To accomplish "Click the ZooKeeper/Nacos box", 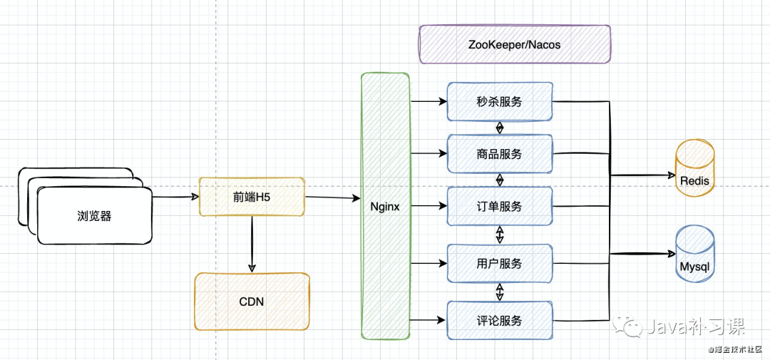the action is [515, 45].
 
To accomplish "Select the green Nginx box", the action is [385, 206].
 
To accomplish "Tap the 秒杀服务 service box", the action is [500, 102].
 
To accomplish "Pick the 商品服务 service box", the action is [500, 154].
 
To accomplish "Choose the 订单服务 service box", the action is [500, 206].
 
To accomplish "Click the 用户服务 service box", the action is [500, 263].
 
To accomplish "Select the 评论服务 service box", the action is [500, 320].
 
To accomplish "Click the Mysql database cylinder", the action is [695, 254].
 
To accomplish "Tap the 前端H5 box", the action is [252, 197].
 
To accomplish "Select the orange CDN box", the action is [252, 301].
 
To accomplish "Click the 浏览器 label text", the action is [94, 215].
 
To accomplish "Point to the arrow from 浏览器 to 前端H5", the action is [175, 197].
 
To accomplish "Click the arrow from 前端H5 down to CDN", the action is [252, 244].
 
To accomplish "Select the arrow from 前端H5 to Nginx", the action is [333, 198].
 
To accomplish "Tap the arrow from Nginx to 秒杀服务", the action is [428, 102].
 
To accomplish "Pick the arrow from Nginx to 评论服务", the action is [428, 321].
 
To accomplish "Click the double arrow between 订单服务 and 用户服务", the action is [500, 235].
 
